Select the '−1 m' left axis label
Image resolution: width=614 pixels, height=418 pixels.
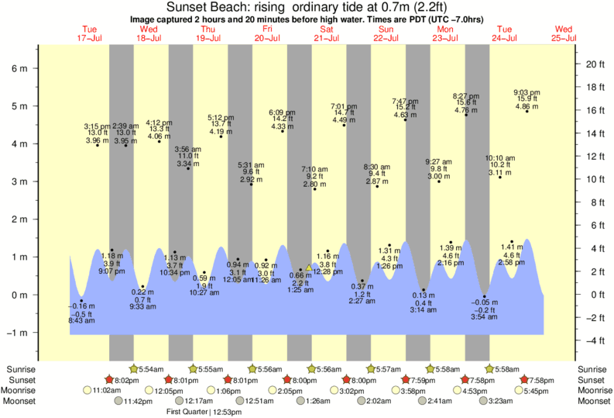(16, 333)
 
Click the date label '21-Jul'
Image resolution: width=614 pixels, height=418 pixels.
(327, 37)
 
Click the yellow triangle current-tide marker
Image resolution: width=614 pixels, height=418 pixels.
(308, 268)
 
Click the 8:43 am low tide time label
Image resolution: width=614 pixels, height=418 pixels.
(81, 321)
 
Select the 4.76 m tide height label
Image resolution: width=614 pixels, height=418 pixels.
(465, 110)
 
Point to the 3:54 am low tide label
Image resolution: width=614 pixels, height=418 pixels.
(485, 317)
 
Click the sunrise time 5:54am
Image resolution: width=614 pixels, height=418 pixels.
(153, 368)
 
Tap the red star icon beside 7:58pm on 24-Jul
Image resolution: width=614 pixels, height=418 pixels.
(525, 380)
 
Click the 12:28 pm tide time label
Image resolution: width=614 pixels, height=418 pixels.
(328, 272)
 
